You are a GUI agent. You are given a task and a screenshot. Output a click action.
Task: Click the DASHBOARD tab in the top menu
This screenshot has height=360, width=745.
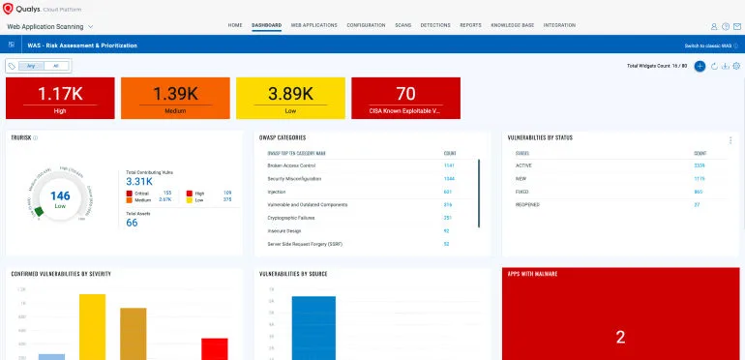click(266, 24)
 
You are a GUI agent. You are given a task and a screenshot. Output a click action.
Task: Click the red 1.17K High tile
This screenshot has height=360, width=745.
click(59, 98)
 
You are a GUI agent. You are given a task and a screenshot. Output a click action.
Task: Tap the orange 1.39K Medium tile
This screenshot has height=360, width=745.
click(174, 98)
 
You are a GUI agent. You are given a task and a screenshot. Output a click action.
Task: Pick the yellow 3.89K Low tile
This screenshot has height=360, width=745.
click(288, 98)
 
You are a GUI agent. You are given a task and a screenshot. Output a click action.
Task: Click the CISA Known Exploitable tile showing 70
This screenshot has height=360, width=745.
click(405, 98)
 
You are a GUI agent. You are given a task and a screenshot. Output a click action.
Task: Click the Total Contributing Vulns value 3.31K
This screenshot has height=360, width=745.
click(139, 181)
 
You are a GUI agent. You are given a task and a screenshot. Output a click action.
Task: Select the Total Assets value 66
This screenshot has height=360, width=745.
click(132, 223)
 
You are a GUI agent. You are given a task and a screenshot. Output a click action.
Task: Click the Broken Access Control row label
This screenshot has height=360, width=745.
click(290, 165)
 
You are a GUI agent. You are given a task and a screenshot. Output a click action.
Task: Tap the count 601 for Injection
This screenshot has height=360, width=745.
click(448, 192)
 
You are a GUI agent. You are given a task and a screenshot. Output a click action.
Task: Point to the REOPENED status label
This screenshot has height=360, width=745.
click(528, 204)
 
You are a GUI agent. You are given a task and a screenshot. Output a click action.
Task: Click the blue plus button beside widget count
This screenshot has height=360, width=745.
click(700, 66)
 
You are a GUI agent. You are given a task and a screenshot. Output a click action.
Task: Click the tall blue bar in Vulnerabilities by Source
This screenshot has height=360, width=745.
click(313, 328)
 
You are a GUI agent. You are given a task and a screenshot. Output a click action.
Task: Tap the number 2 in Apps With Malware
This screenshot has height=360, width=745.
click(620, 337)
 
